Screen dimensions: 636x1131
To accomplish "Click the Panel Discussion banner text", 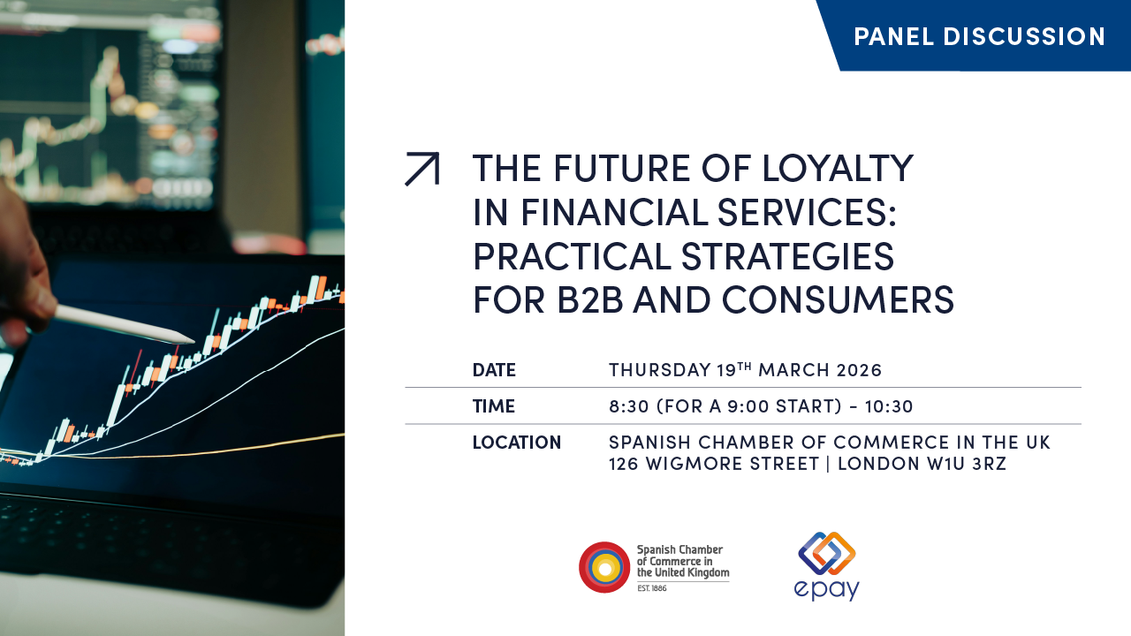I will pos(979,36).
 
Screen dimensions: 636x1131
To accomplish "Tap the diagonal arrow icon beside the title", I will pos(421,169).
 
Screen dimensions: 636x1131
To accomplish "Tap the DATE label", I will pos(494,370).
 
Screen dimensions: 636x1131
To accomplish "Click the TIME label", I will pos(493,406).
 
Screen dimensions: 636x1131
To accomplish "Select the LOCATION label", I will pos(517,443).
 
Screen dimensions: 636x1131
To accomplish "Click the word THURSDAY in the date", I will pos(659,370).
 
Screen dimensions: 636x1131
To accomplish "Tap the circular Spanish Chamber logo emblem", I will pos(604,567).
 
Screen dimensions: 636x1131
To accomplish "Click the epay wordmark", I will pos(826,588).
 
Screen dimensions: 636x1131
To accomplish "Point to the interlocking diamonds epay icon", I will pos(827,553).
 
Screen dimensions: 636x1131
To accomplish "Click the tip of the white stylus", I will pos(193,340).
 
